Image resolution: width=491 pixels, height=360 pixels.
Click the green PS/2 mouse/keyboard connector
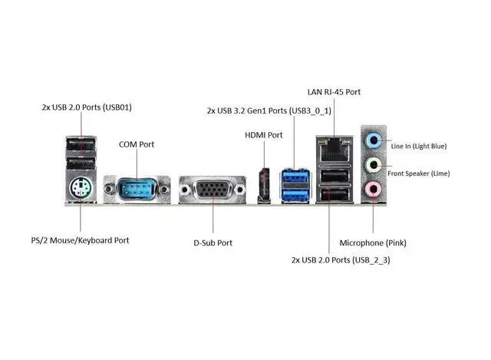[x=81, y=188]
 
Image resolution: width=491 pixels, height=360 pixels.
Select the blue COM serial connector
[x=137, y=189]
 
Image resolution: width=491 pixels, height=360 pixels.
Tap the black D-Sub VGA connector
[x=213, y=190]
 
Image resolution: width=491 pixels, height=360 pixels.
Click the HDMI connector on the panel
[x=264, y=186]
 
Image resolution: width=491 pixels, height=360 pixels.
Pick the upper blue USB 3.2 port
[x=295, y=177]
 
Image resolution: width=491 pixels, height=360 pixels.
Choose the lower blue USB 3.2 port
[x=295, y=196]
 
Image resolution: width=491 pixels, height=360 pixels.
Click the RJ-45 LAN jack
[x=334, y=150]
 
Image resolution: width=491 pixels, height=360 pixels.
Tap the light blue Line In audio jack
[x=374, y=140]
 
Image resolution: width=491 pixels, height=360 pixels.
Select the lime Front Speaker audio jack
[x=374, y=165]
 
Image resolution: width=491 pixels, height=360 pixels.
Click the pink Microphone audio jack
[x=373, y=189]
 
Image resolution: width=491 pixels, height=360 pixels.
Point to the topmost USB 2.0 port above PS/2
[x=81, y=145]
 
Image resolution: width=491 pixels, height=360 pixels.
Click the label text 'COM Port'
[x=137, y=144]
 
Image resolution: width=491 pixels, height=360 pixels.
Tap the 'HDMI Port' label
[x=264, y=135]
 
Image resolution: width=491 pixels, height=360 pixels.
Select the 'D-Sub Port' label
[x=213, y=243]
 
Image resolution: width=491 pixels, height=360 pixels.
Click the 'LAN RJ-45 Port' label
[x=334, y=92]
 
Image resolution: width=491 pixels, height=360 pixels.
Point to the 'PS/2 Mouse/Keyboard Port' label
[x=80, y=240]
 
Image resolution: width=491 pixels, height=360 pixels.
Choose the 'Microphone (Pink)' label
[x=373, y=243]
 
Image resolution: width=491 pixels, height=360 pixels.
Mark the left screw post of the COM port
[x=109, y=189]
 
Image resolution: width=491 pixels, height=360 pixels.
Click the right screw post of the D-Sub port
[x=240, y=190]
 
